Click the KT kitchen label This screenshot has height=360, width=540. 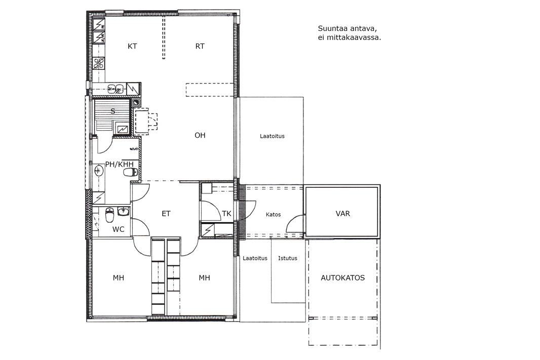point(132,46)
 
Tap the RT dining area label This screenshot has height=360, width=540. point(200,46)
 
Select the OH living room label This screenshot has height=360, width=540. point(200,135)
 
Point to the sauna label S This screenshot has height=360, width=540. point(112,111)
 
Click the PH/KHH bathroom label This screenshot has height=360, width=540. point(119,165)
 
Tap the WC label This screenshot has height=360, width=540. point(118,229)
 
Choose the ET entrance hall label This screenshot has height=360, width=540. point(166,214)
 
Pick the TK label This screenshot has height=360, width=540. point(226,214)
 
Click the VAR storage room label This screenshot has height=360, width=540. point(342,213)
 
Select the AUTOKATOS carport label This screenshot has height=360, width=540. point(342,278)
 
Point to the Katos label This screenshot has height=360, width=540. point(273,214)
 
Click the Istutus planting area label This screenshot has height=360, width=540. point(288,258)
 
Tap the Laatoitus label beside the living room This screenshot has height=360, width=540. point(272,136)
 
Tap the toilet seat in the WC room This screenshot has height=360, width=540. point(109,216)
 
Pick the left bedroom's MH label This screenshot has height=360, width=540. point(118,278)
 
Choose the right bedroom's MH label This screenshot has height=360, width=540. point(204,278)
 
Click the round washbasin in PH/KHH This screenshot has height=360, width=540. point(99,170)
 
